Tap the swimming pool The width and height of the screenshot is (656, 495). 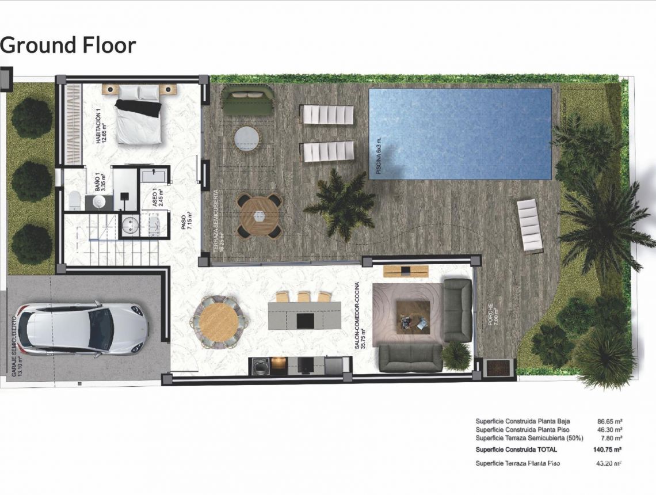(x=460, y=134)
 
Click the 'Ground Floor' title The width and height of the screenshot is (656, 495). (x=68, y=45)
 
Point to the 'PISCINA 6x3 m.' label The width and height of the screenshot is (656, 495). (x=379, y=156)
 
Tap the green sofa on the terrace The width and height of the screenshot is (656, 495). (x=247, y=100)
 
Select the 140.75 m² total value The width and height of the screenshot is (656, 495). (x=607, y=450)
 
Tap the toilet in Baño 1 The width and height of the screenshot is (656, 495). (x=74, y=200)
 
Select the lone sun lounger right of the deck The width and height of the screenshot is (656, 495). (x=530, y=226)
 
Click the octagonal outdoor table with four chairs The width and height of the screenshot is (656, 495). (x=259, y=215)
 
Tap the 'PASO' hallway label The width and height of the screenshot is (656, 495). (x=184, y=222)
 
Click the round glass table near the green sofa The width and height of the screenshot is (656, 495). (x=247, y=138)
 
